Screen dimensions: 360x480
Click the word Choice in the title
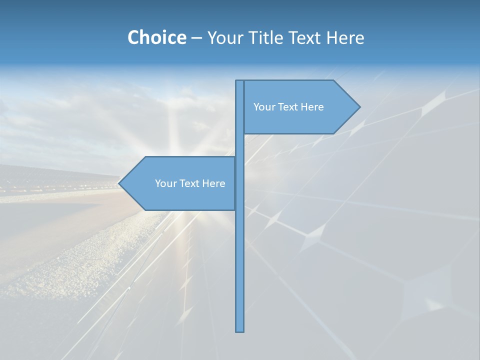click(x=156, y=37)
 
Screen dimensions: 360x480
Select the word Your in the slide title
click(x=224, y=37)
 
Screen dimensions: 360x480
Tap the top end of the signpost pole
click(x=240, y=81)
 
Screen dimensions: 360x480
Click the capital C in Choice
click(x=133, y=37)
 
